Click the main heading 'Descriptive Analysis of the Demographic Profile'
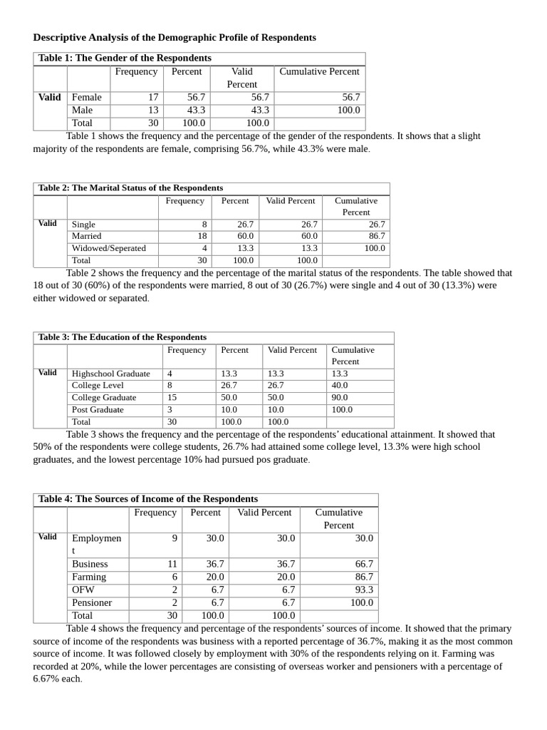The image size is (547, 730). (174, 37)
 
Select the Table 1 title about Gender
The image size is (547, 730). (125, 58)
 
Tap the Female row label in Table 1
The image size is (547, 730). (87, 97)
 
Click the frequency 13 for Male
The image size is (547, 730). (153, 110)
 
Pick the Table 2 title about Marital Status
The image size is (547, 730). (130, 187)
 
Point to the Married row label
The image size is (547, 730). (87, 236)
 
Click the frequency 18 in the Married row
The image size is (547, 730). (202, 236)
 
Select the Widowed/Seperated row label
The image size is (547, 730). (108, 248)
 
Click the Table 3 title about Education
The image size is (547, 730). (123, 337)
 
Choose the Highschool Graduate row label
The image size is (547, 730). (110, 374)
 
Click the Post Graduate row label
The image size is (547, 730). (98, 410)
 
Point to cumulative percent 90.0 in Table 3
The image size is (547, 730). (340, 398)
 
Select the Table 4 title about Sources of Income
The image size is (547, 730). (148, 499)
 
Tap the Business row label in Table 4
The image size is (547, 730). (90, 564)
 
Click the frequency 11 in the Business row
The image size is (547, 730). (172, 564)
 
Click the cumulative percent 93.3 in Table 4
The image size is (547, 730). (364, 590)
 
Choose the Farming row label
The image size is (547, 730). (89, 577)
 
